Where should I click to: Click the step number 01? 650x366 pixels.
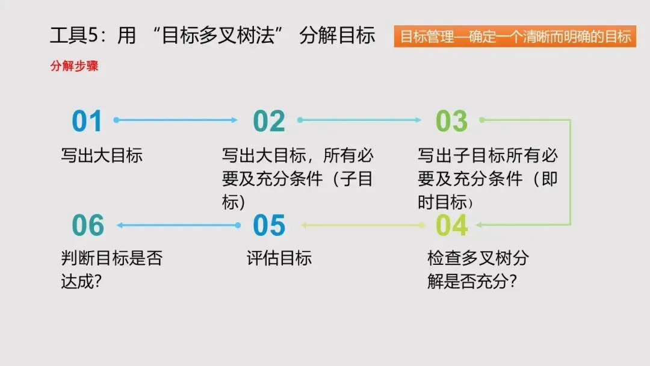coord(87,121)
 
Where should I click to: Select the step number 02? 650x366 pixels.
coord(269,121)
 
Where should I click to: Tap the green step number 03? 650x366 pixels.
coord(451,121)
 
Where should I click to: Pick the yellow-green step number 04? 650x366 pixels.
coord(451,225)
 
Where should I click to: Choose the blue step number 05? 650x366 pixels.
coord(269,225)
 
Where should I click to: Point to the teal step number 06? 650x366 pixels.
coord(88,225)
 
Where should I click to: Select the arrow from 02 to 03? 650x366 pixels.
coord(359,120)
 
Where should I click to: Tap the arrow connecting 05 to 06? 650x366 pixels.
coord(179,225)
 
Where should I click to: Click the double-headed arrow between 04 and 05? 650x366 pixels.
coord(364,225)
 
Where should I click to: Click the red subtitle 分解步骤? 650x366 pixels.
coord(74,66)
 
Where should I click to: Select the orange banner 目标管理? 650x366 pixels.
coord(515,37)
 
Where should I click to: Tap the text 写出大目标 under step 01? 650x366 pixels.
coord(102,156)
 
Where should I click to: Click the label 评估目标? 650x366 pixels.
coord(279,259)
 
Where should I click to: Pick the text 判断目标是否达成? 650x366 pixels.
coord(111,270)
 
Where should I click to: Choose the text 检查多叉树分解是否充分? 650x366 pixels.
coord(478,270)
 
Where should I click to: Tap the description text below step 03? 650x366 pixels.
coord(487,179)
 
